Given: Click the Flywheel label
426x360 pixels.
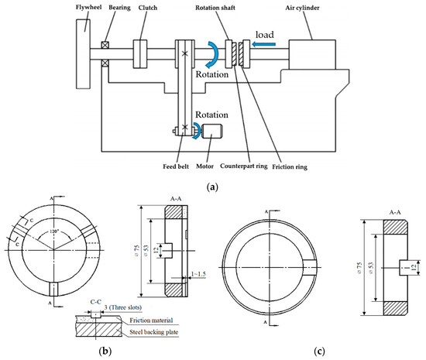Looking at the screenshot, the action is point(88,7).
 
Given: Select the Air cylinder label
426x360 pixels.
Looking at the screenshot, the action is point(302,8).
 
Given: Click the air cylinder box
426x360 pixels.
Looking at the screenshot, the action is point(312,54).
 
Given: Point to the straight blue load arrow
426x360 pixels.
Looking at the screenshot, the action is point(263,44).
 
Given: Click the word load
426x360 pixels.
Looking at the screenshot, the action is point(265,35).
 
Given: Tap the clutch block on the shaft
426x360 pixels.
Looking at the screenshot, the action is point(140,53).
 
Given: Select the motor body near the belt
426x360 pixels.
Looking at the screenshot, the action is point(212,132).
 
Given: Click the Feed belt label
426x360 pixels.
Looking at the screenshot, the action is point(176,166).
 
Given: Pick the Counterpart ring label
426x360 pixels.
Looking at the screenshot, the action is point(244,166).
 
